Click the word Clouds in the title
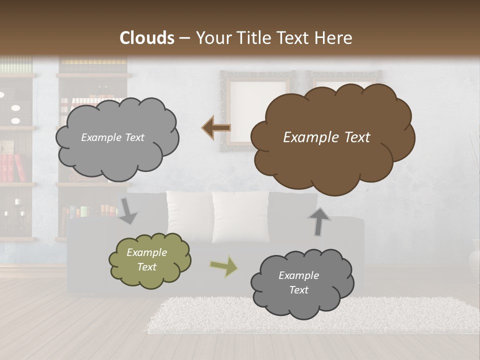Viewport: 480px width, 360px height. click(147, 38)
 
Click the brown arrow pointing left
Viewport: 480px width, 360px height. click(216, 128)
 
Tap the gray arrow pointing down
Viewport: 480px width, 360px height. click(127, 210)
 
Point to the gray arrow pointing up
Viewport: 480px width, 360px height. click(319, 221)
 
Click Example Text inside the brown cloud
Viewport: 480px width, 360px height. click(326, 137)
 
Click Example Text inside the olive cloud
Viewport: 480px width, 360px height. click(146, 259)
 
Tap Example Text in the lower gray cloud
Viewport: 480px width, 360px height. click(298, 282)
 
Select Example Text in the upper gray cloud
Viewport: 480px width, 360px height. click(112, 137)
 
